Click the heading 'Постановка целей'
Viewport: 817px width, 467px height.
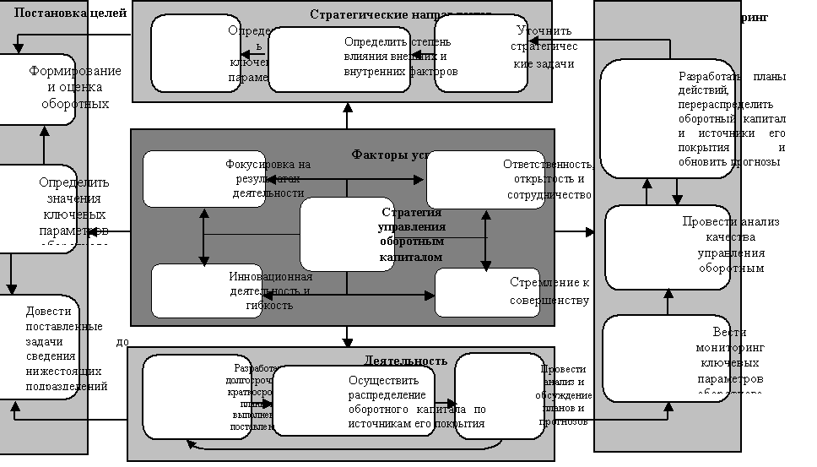tap(71, 14)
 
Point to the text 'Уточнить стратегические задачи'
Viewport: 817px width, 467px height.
tap(544, 47)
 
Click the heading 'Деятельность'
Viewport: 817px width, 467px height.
tap(405, 361)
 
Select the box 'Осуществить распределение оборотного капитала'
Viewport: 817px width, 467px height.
tap(355, 401)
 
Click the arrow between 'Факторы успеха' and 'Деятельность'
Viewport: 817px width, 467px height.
tap(347, 336)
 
